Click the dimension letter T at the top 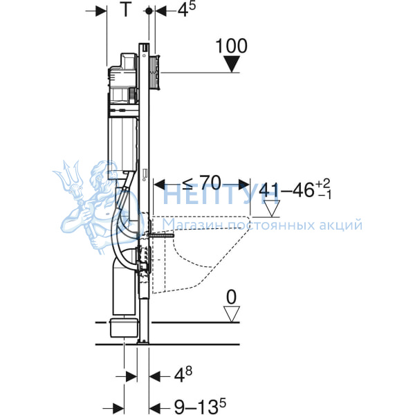(x=126, y=10)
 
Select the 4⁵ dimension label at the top (x=186, y=10)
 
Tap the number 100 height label (x=231, y=46)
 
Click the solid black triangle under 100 (x=232, y=64)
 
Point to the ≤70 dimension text (x=201, y=183)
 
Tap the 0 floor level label (x=231, y=297)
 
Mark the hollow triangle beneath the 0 (x=232, y=314)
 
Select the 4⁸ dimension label (x=183, y=374)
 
